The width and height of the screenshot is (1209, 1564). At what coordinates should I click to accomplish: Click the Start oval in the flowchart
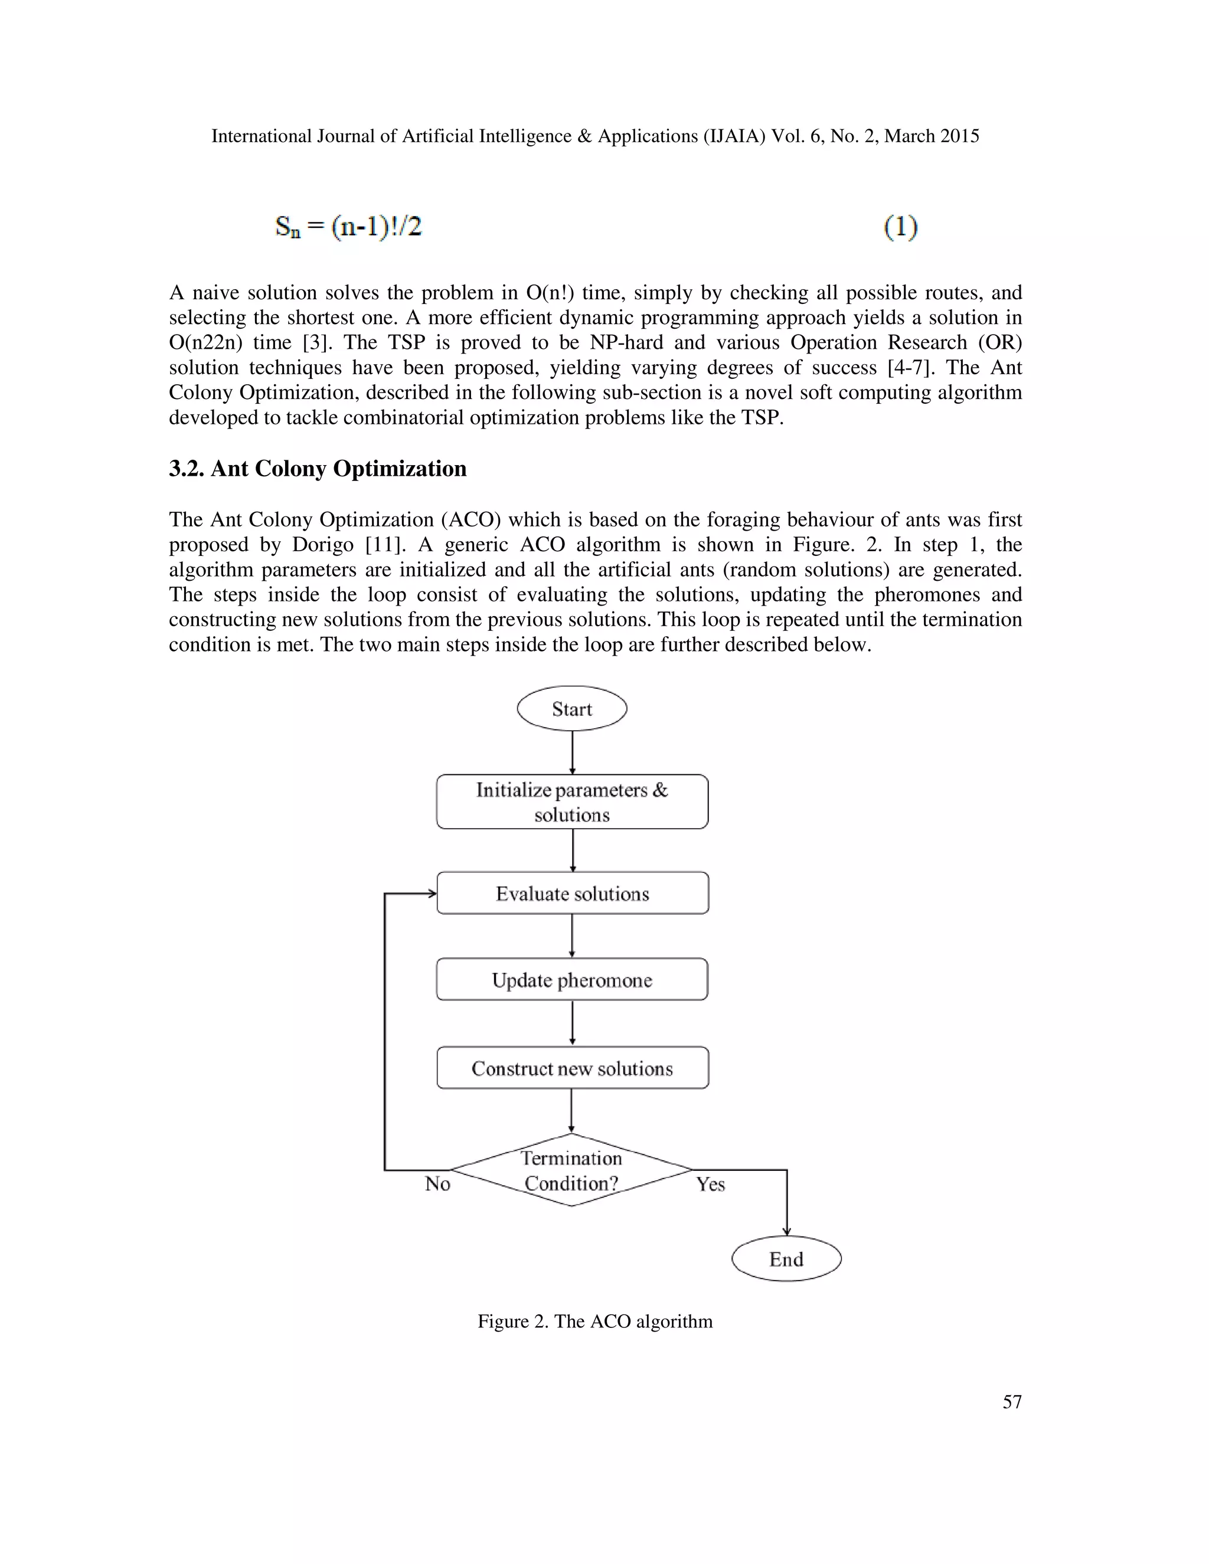tap(571, 709)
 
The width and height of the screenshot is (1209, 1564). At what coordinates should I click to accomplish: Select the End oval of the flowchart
tap(786, 1259)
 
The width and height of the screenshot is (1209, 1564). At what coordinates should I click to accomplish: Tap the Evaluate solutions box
tap(572, 893)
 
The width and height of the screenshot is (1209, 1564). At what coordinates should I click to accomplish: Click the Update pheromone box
tap(571, 980)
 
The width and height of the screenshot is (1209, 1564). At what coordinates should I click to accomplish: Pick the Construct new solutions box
tap(572, 1068)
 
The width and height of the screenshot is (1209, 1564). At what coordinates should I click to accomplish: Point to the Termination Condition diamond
tap(571, 1170)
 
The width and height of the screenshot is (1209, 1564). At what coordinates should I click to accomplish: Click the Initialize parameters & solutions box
tap(571, 802)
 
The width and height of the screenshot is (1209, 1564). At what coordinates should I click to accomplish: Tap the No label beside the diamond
tap(437, 1184)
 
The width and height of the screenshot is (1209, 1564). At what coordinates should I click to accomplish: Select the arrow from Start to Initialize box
tap(572, 752)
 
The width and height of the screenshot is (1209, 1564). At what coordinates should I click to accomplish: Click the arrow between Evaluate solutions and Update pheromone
tap(571, 935)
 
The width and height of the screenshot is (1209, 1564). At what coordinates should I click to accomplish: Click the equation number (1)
tap(900, 227)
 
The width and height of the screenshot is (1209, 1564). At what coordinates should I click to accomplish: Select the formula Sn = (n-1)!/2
tap(348, 227)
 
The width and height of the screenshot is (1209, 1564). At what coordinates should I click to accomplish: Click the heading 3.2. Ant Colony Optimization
tap(317, 469)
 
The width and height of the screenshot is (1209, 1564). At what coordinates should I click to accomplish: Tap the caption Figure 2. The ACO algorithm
tap(594, 1321)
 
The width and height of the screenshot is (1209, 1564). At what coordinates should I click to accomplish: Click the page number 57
tap(1011, 1402)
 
